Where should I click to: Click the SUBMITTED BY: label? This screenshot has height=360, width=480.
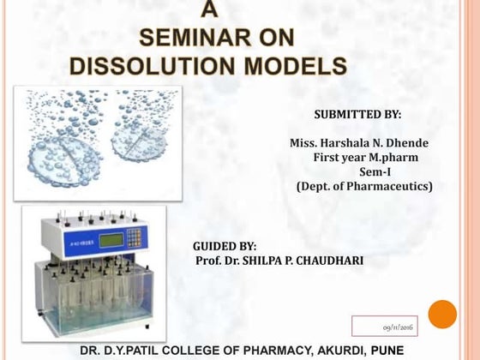tap(357, 115)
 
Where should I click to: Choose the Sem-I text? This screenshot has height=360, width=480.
tap(375, 171)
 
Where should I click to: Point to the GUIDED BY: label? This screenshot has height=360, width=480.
tap(225, 246)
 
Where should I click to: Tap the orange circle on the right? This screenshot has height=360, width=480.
tap(442, 314)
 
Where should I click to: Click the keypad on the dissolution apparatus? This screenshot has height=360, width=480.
tap(135, 237)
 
